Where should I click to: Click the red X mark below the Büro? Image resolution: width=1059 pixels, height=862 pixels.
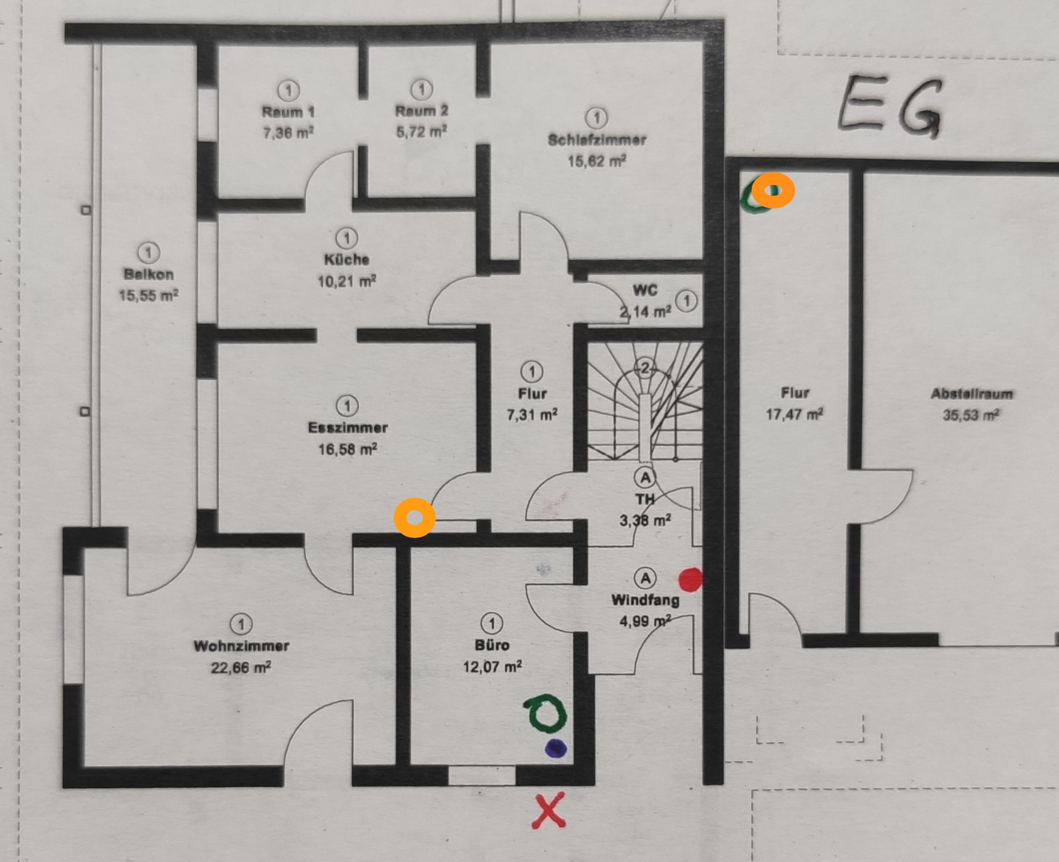click(x=549, y=810)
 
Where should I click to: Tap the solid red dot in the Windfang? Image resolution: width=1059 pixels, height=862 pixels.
click(x=690, y=580)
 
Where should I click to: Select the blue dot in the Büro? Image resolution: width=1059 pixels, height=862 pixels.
click(x=556, y=748)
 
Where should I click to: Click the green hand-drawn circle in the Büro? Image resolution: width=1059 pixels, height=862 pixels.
click(x=546, y=715)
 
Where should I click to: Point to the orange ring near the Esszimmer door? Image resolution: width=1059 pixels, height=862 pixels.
click(x=415, y=518)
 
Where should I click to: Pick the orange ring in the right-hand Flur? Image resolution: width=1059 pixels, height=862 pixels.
click(x=773, y=191)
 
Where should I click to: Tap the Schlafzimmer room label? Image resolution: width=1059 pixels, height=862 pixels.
click(x=597, y=140)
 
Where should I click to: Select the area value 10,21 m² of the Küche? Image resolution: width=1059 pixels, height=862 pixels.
click(x=346, y=281)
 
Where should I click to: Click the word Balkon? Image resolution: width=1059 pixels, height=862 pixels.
click(x=148, y=274)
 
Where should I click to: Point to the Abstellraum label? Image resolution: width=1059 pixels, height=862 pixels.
click(x=971, y=394)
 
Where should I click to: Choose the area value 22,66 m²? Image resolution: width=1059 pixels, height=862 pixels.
click(x=241, y=668)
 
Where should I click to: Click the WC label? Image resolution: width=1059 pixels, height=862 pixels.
click(x=645, y=290)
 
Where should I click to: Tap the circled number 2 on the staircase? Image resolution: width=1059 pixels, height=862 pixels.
click(x=645, y=368)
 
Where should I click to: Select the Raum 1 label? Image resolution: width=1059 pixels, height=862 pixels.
click(x=288, y=111)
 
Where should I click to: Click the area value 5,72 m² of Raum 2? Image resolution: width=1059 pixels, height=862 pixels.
click(x=421, y=132)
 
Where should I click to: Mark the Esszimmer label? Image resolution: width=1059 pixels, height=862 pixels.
click(x=348, y=428)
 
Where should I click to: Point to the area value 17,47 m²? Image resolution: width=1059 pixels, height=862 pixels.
click(x=794, y=415)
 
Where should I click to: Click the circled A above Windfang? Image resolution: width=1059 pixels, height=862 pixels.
click(x=645, y=578)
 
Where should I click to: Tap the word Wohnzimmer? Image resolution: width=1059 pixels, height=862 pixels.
click(x=241, y=646)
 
